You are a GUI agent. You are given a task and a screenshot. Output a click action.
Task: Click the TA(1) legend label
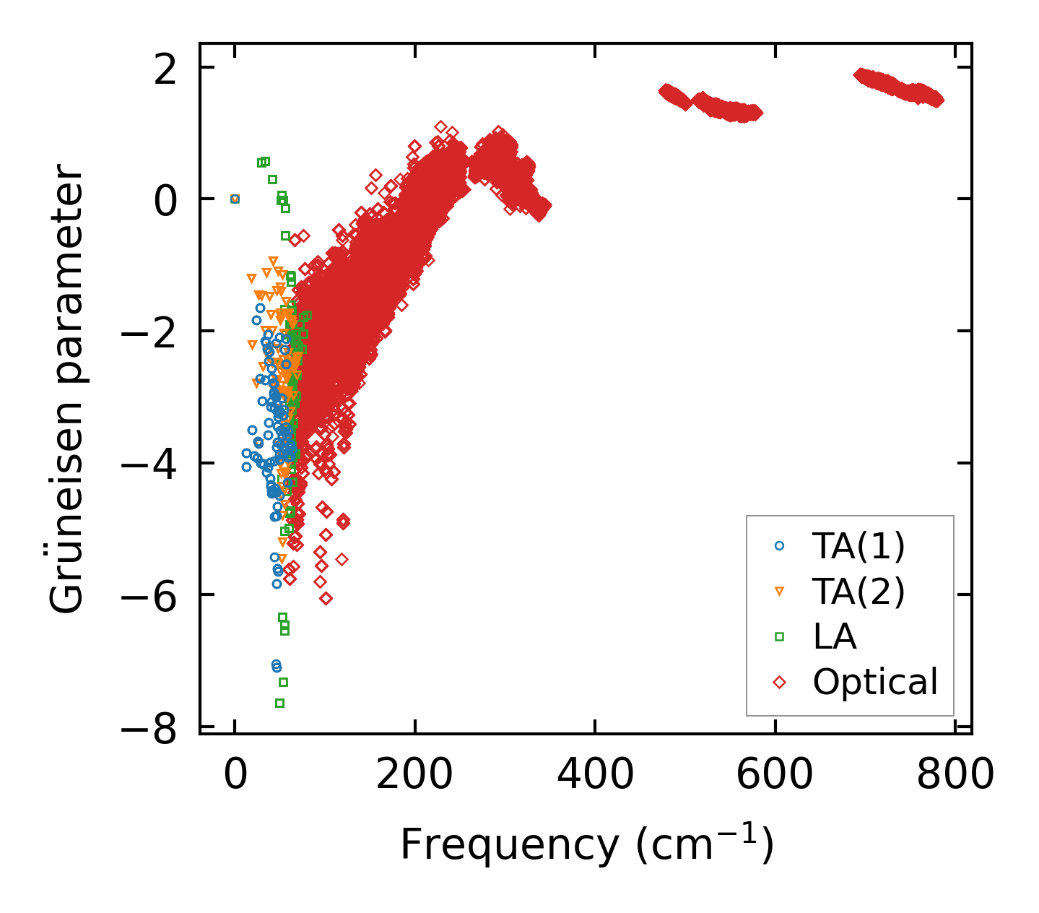click(x=858, y=547)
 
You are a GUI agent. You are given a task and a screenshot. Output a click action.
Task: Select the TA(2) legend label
click(x=858, y=592)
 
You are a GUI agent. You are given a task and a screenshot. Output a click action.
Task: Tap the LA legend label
click(x=835, y=636)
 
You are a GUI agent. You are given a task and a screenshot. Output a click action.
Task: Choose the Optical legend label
click(x=875, y=682)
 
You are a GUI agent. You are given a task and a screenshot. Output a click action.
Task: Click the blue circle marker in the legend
click(x=779, y=546)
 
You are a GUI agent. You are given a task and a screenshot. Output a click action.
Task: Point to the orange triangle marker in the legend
click(x=779, y=592)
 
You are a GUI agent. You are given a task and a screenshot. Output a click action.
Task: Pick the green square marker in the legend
click(x=779, y=636)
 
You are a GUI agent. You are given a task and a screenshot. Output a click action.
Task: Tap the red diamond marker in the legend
click(x=779, y=682)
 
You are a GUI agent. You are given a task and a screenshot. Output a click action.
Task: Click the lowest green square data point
click(x=279, y=703)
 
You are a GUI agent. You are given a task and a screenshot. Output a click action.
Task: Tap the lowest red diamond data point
click(x=326, y=598)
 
